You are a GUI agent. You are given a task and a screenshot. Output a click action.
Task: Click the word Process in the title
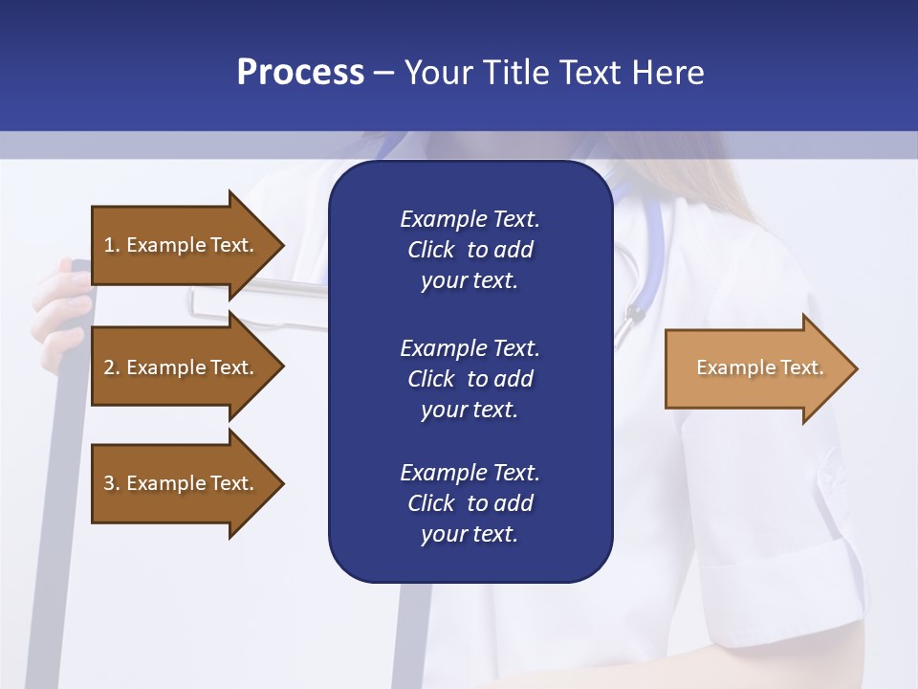300,73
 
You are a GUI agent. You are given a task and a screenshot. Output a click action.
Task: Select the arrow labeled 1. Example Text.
182,245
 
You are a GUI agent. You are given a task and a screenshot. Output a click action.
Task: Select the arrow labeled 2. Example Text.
182,367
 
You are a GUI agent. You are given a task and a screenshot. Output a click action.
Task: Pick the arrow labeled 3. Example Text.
182,483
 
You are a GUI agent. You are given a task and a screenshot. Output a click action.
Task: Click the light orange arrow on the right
755,368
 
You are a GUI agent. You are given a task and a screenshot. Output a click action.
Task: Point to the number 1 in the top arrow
108,245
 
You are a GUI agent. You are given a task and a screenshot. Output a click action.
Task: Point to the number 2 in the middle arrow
108,367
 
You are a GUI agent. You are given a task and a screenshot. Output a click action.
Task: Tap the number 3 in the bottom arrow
108,483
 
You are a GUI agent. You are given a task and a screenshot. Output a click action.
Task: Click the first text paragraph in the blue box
470,250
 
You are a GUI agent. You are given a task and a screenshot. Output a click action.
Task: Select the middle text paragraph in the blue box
470,379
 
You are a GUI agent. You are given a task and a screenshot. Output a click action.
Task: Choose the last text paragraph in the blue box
470,503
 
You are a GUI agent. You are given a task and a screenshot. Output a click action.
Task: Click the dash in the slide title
384,74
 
